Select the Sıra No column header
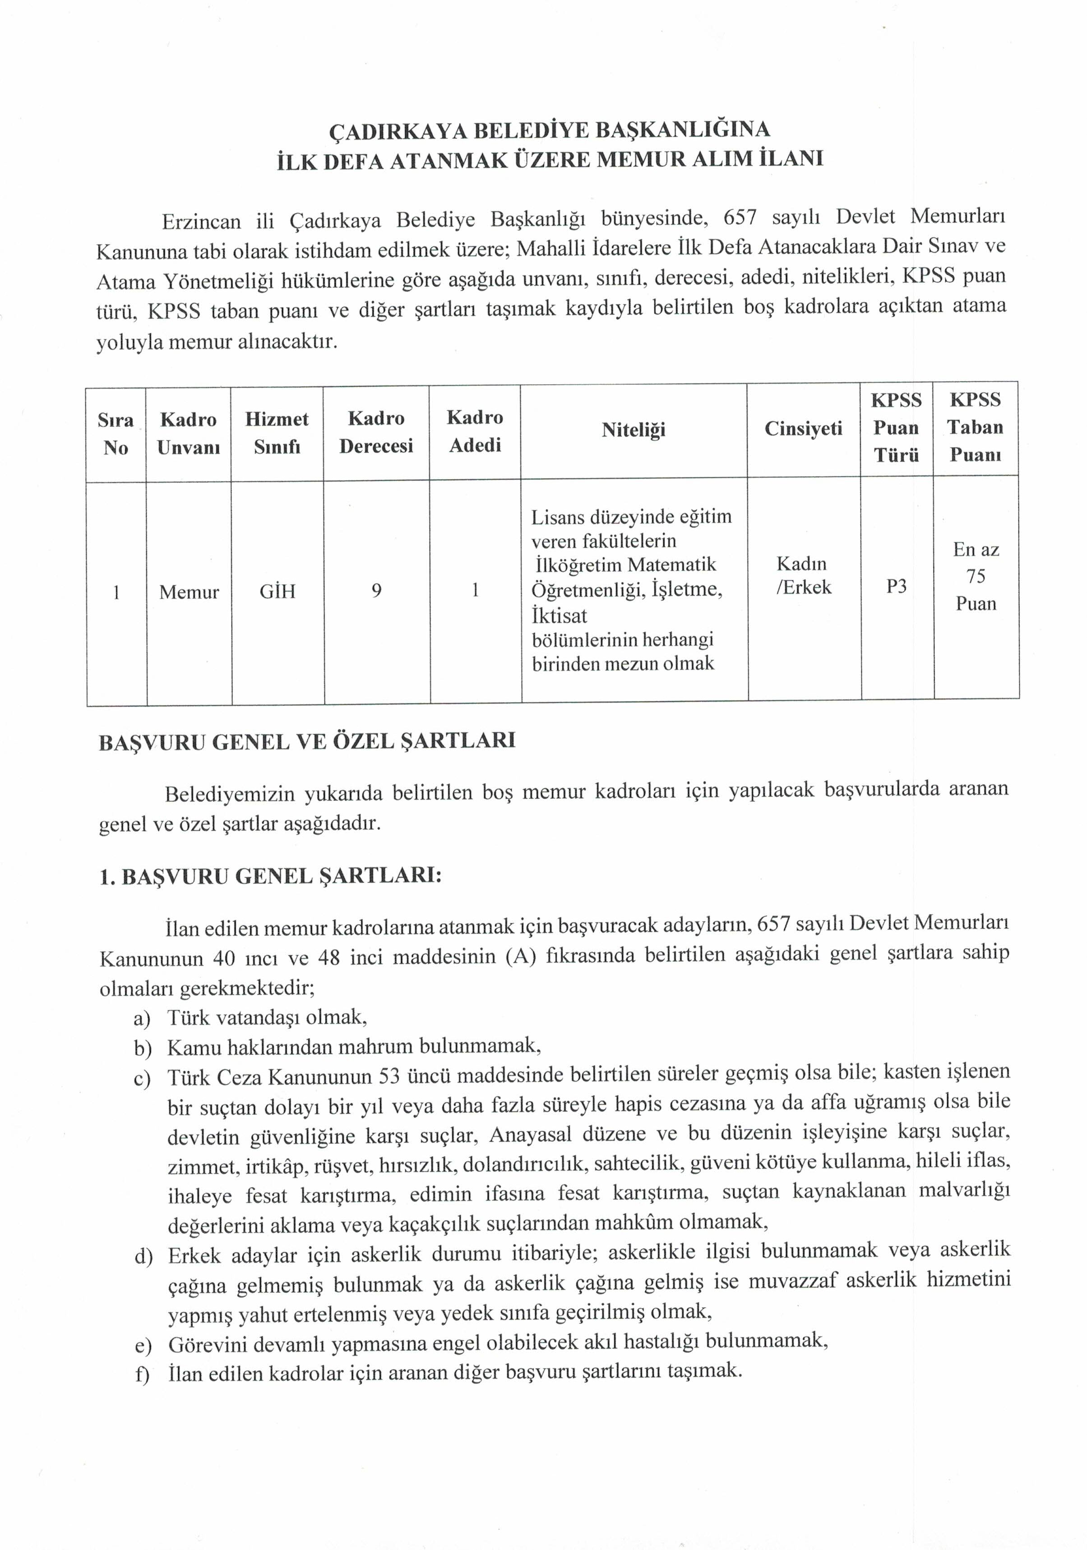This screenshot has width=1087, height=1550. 116,433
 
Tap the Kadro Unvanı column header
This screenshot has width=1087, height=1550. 188,433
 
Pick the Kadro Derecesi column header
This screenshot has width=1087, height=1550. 376,432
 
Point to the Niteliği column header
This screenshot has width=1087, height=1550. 634,430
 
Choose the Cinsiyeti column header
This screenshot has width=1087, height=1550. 803,429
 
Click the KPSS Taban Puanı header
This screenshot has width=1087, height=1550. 975,427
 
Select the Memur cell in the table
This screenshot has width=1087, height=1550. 189,592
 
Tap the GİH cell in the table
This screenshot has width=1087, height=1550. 278,592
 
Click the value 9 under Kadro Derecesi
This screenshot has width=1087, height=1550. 377,591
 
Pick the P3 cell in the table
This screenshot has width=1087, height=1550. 896,586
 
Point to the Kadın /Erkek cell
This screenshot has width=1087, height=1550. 803,575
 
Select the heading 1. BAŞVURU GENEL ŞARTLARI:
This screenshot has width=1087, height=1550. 270,876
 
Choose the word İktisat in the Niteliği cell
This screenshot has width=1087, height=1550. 559,615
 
